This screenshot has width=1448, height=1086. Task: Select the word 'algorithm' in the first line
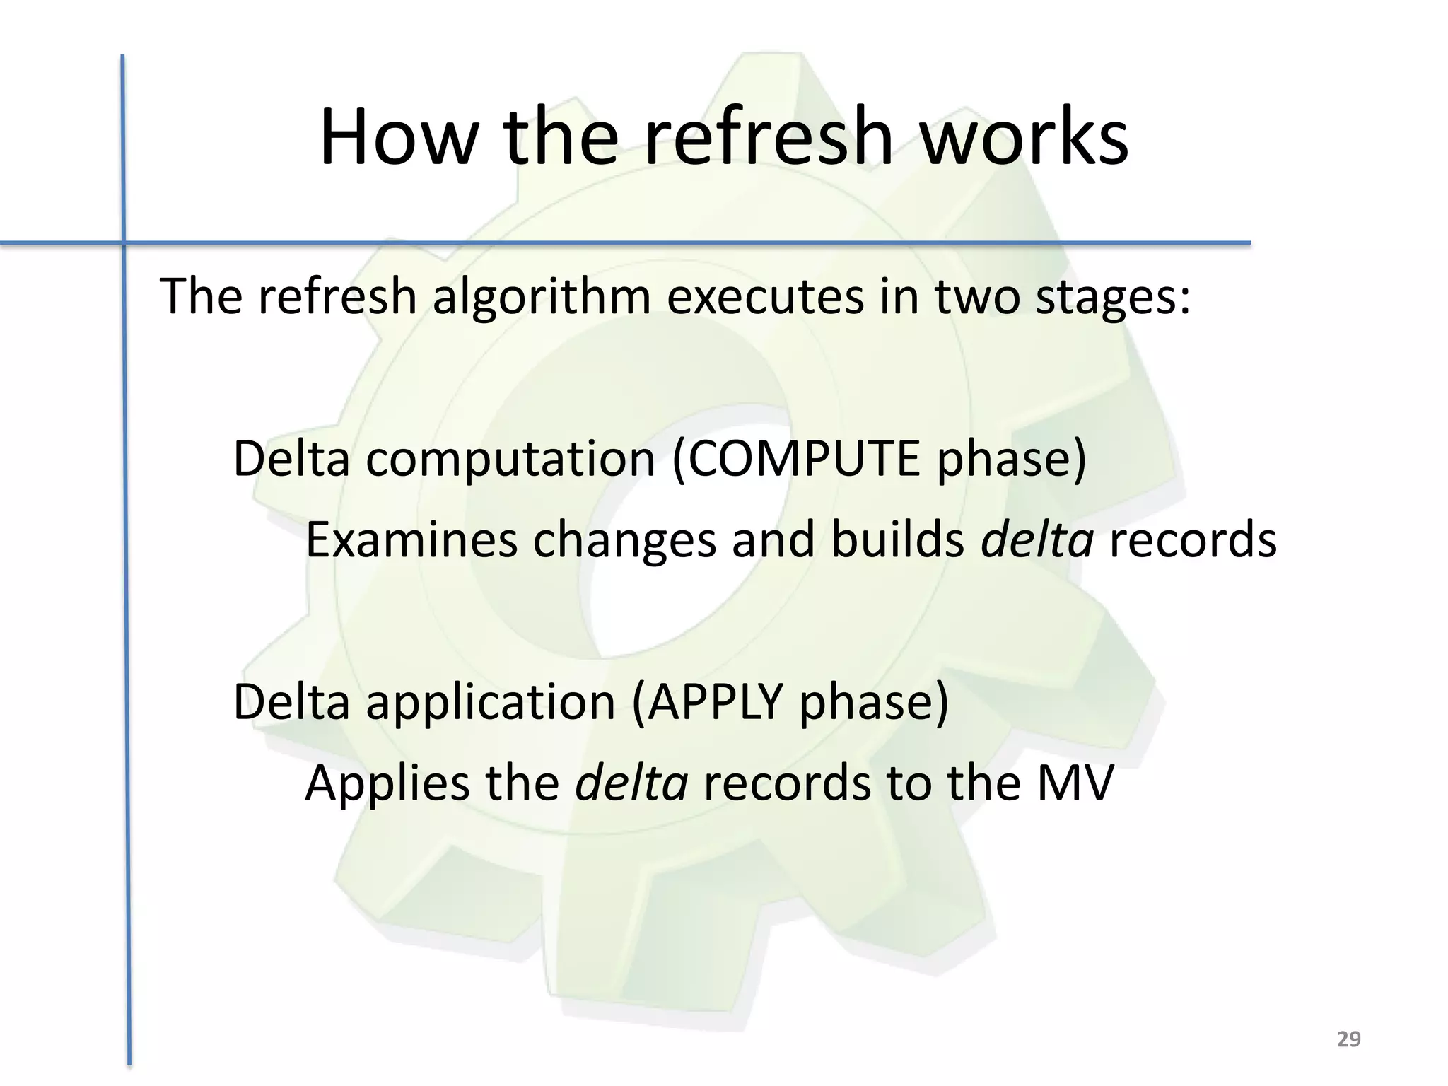(542, 297)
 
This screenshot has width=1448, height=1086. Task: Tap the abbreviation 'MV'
(1075, 783)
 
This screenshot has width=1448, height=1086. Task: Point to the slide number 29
(1348, 1039)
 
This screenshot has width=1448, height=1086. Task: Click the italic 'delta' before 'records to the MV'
(631, 783)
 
